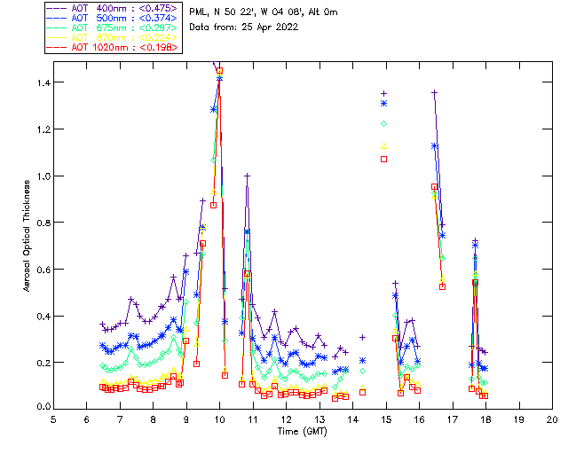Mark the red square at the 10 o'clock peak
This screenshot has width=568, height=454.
[x=219, y=70]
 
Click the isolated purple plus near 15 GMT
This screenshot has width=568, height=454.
[x=384, y=93]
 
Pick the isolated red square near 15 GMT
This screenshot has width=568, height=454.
[x=384, y=159]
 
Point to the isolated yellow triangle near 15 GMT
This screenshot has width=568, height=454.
[x=384, y=145]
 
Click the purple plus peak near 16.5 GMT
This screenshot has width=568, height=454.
[x=434, y=93]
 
